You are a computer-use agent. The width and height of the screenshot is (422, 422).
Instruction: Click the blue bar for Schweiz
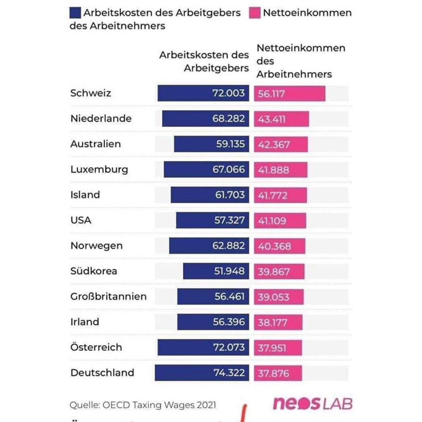pos(203,93)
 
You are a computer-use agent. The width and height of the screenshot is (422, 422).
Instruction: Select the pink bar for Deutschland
pos(278,373)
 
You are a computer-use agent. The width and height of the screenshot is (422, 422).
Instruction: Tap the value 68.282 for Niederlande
pos(229,119)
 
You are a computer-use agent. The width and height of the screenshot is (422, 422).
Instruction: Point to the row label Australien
pos(96,144)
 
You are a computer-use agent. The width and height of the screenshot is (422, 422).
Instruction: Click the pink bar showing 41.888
pos(281,170)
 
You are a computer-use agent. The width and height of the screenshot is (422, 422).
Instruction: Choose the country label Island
pos(85,195)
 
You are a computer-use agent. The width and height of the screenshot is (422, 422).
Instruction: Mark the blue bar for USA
pos(213,221)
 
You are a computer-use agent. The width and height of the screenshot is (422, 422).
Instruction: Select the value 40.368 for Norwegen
pos(274,246)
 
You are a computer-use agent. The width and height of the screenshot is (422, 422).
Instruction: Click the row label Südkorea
pos(94,271)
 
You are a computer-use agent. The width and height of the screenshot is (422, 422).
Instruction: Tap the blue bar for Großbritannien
pos(213,297)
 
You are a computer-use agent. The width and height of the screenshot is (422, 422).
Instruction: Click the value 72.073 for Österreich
pos(229,347)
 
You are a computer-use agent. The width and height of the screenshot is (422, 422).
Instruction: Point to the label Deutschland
pos(102,373)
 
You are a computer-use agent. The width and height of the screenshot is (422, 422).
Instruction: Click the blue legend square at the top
pos(76,13)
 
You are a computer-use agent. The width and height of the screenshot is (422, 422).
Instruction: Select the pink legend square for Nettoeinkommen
pos(255,13)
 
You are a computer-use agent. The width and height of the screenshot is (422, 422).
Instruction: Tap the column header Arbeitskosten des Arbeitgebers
pos(204,62)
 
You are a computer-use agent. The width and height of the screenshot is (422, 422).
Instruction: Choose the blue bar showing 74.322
pos(202,373)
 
